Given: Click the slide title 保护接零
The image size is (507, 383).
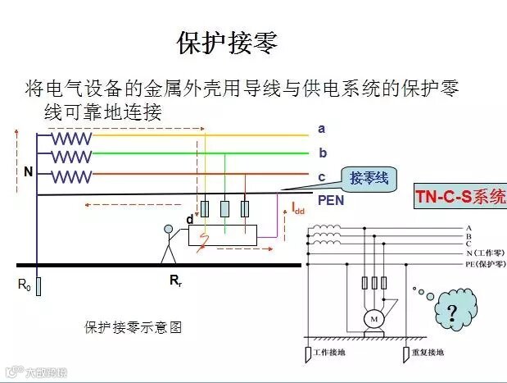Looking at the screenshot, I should coord(227,43).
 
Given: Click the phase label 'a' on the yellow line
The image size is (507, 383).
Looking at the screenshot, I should coord(322,128).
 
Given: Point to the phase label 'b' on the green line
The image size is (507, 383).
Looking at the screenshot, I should coord(323,153).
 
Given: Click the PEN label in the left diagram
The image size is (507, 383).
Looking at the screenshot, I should coord(330,199).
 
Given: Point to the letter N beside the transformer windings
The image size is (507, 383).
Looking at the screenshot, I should coord(29,172).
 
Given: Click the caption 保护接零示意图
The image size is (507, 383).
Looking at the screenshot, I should coord(133,327).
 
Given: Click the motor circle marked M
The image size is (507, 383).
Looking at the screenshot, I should coord(373,317).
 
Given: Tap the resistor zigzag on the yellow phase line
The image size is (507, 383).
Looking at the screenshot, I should coord(72,139).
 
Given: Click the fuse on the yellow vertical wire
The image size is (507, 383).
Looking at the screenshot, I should coord(205,208).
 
